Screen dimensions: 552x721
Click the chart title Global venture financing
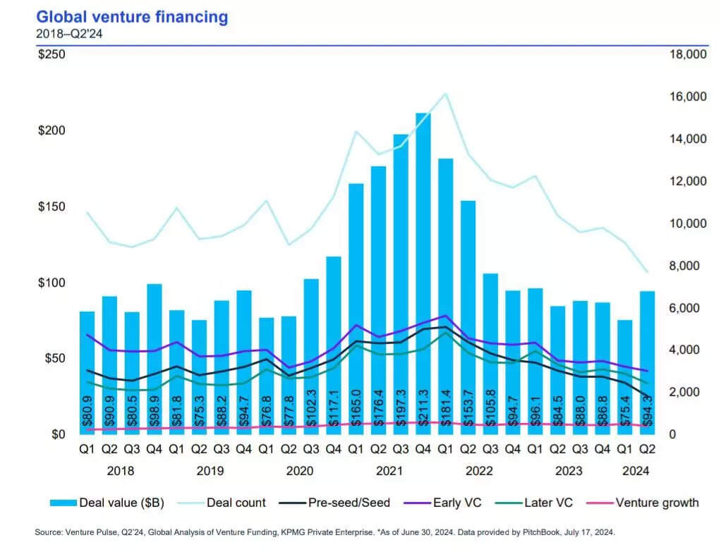pos(132,17)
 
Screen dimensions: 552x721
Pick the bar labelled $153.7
pos(468,317)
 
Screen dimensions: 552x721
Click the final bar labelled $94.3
pos(647,362)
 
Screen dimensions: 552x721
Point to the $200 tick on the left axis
pos(51,131)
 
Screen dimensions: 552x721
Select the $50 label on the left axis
pos(54,359)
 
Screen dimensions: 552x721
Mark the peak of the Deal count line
pos(445,94)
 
